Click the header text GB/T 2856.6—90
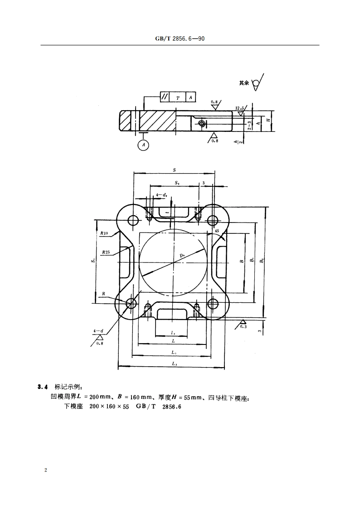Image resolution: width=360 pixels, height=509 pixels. (x=180, y=39)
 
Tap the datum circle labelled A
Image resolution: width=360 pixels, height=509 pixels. (x=143, y=145)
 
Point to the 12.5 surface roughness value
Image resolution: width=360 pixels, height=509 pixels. (x=240, y=108)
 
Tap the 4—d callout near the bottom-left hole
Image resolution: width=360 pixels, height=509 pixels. (x=97, y=331)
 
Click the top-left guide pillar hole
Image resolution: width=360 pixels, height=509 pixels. (x=133, y=221)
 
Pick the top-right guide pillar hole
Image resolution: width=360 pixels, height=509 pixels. (x=212, y=221)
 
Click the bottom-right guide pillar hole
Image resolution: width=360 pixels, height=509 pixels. (x=212, y=303)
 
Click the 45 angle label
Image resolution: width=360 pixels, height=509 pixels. (x=217, y=231)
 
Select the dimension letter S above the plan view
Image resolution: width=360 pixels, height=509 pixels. (x=175, y=170)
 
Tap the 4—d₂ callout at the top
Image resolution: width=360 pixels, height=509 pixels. (x=161, y=195)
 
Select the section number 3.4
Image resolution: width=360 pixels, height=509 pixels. (x=43, y=387)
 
